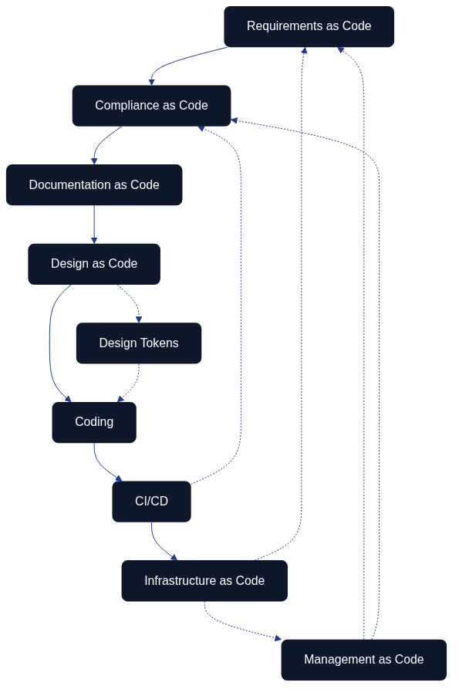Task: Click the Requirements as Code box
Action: tap(309, 26)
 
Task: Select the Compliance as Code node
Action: tap(151, 106)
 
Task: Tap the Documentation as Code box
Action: tap(94, 185)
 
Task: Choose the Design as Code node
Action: tap(94, 264)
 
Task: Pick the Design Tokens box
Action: tap(139, 343)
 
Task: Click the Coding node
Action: tap(94, 422)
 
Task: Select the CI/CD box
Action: tap(151, 502)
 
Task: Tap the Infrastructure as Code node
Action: tap(204, 581)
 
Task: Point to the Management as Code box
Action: tap(363, 660)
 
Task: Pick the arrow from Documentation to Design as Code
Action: tap(94, 224)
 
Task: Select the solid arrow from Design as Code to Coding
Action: tap(50, 343)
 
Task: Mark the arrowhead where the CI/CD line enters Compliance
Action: tap(201, 128)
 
